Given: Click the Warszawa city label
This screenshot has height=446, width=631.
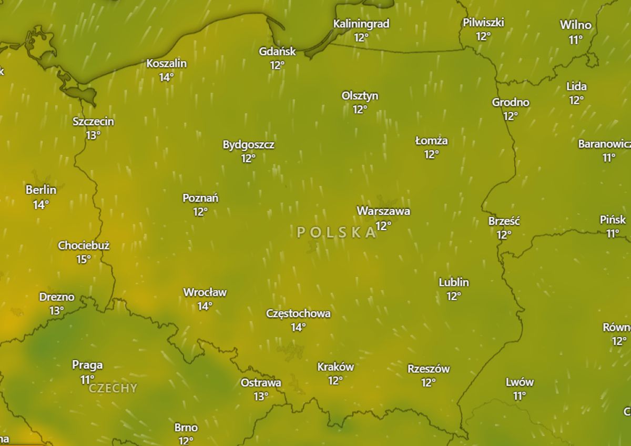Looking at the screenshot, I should click(383, 211).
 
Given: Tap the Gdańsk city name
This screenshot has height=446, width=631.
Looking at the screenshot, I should click(277, 52).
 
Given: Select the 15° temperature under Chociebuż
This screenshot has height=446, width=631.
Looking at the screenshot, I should click(83, 259).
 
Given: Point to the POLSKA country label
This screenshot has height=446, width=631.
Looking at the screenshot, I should click(337, 232).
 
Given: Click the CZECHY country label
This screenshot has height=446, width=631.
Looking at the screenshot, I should click(113, 389).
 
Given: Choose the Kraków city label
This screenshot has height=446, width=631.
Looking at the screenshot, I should click(335, 367).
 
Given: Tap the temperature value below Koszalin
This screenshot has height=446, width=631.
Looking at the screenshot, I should click(166, 77).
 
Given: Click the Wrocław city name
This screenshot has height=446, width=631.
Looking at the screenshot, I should click(205, 292).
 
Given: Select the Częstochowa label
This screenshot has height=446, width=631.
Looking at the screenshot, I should click(298, 314).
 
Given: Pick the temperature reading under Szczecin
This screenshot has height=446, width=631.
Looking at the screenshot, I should click(93, 135).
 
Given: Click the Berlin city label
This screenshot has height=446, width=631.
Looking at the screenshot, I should click(41, 190).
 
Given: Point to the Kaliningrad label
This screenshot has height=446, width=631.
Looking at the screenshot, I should click(361, 24).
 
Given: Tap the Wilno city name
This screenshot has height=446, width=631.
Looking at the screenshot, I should click(575, 25).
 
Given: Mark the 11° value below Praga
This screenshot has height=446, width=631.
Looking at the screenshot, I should click(87, 379).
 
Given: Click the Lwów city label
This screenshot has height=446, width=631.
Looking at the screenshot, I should click(520, 382).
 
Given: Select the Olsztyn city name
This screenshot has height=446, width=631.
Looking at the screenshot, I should click(360, 96).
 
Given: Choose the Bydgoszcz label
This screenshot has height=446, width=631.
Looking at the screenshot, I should click(248, 145).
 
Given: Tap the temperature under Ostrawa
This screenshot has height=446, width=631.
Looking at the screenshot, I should click(261, 397).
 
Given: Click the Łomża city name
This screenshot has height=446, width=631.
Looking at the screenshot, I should click(431, 141).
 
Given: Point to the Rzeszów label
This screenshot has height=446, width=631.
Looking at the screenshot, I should click(429, 369).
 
